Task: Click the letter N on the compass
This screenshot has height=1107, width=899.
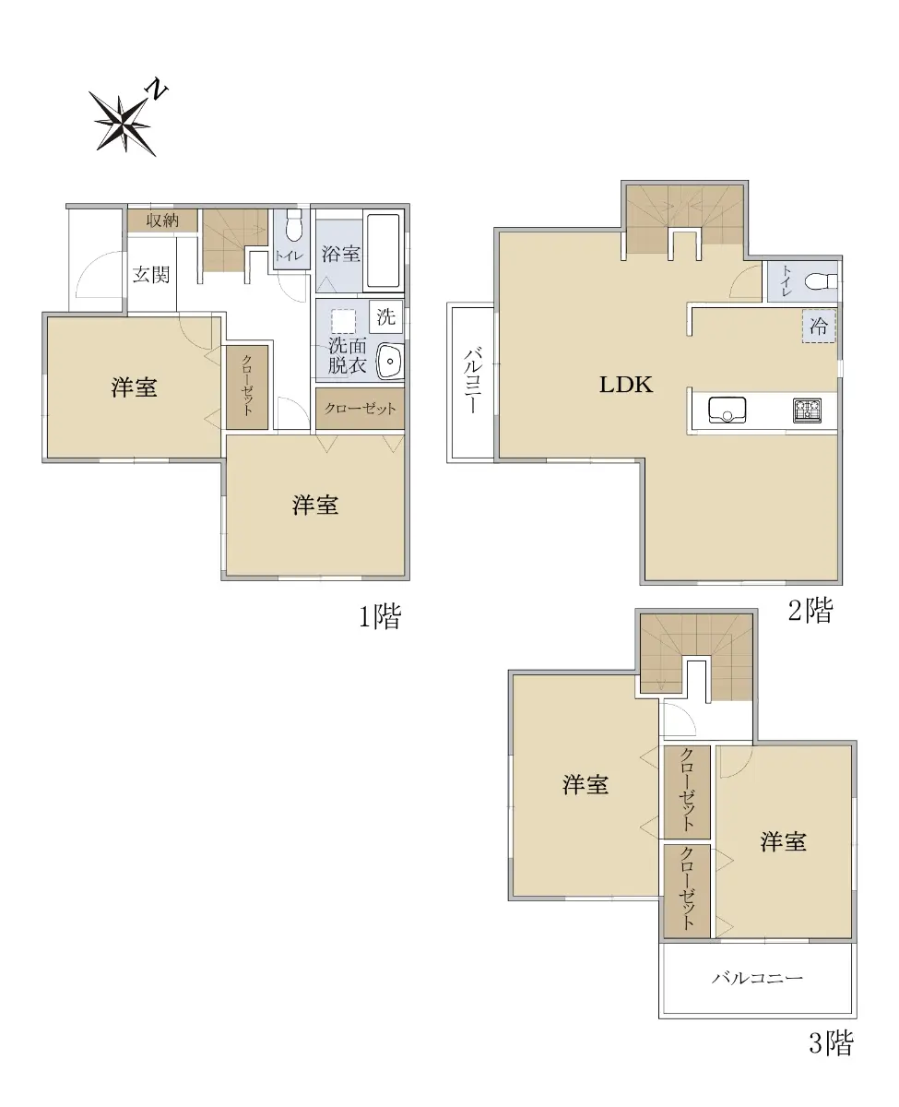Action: click(x=158, y=89)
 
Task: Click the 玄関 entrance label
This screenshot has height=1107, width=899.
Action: click(x=151, y=275)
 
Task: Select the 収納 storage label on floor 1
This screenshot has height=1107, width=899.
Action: click(x=162, y=220)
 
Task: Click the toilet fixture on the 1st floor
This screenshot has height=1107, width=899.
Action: click(x=294, y=226)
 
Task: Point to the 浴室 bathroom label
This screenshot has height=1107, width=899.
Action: click(x=340, y=254)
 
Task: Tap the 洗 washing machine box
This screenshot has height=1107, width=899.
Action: click(x=386, y=316)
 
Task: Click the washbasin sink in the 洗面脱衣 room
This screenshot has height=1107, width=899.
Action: click(x=389, y=361)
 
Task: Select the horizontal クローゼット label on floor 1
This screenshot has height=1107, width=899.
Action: click(x=360, y=409)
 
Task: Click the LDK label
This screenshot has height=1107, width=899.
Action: click(x=626, y=385)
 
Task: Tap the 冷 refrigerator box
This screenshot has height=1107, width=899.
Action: click(x=819, y=327)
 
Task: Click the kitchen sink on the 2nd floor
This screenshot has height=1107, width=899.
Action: click(x=727, y=411)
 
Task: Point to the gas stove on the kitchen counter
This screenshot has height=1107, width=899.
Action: click(x=807, y=411)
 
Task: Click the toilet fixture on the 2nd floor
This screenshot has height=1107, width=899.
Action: click(x=822, y=282)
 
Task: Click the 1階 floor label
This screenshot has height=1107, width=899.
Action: click(x=381, y=617)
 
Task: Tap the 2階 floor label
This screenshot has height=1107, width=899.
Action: click(x=810, y=610)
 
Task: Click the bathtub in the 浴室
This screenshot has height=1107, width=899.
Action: click(x=384, y=251)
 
